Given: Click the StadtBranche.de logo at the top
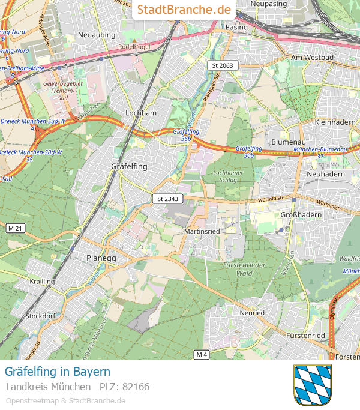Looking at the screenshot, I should (x=184, y=10).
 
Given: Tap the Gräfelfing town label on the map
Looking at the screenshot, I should (x=129, y=166).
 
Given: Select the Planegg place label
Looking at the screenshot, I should (x=101, y=257).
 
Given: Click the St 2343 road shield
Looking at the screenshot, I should (x=167, y=199).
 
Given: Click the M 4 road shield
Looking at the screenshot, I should (x=202, y=355).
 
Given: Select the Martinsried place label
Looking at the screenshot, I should (x=203, y=231).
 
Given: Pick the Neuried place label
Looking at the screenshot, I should (x=252, y=313).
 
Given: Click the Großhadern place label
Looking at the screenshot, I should (x=301, y=214).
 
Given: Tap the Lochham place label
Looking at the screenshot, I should (x=140, y=113).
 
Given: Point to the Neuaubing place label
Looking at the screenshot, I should (x=96, y=35).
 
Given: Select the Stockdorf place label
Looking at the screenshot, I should (x=41, y=315).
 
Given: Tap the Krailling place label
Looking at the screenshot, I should (x=42, y=281).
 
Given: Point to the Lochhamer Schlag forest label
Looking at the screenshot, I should (x=227, y=176).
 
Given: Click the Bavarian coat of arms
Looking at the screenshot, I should (x=312, y=385).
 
